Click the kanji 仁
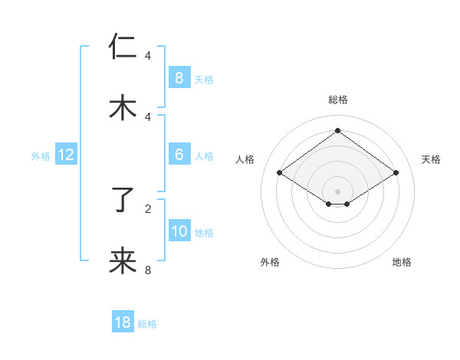pyautogui.click(x=123, y=47)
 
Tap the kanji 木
pyautogui.click(x=123, y=108)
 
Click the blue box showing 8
pyautogui.click(x=179, y=77)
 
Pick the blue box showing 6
pyautogui.click(x=179, y=155)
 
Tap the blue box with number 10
pyautogui.click(x=179, y=231)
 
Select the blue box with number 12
pyautogui.click(x=65, y=155)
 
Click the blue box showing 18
pyautogui.click(x=123, y=322)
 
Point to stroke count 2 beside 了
pyautogui.click(x=148, y=208)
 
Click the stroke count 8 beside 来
pyautogui.click(x=148, y=270)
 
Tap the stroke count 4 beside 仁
pyautogui.click(x=148, y=55)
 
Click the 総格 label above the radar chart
pyautogui.click(x=337, y=100)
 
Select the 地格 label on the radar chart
pyautogui.click(x=402, y=262)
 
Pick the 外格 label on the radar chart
pyautogui.click(x=270, y=262)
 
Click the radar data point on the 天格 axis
pyautogui.click(x=396, y=173)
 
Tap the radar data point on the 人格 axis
pyautogui.click(x=280, y=173)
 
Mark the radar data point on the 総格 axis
pyautogui.click(x=337, y=131)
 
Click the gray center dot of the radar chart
pyautogui.click(x=337, y=191)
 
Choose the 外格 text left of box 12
pyautogui.click(x=41, y=155)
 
